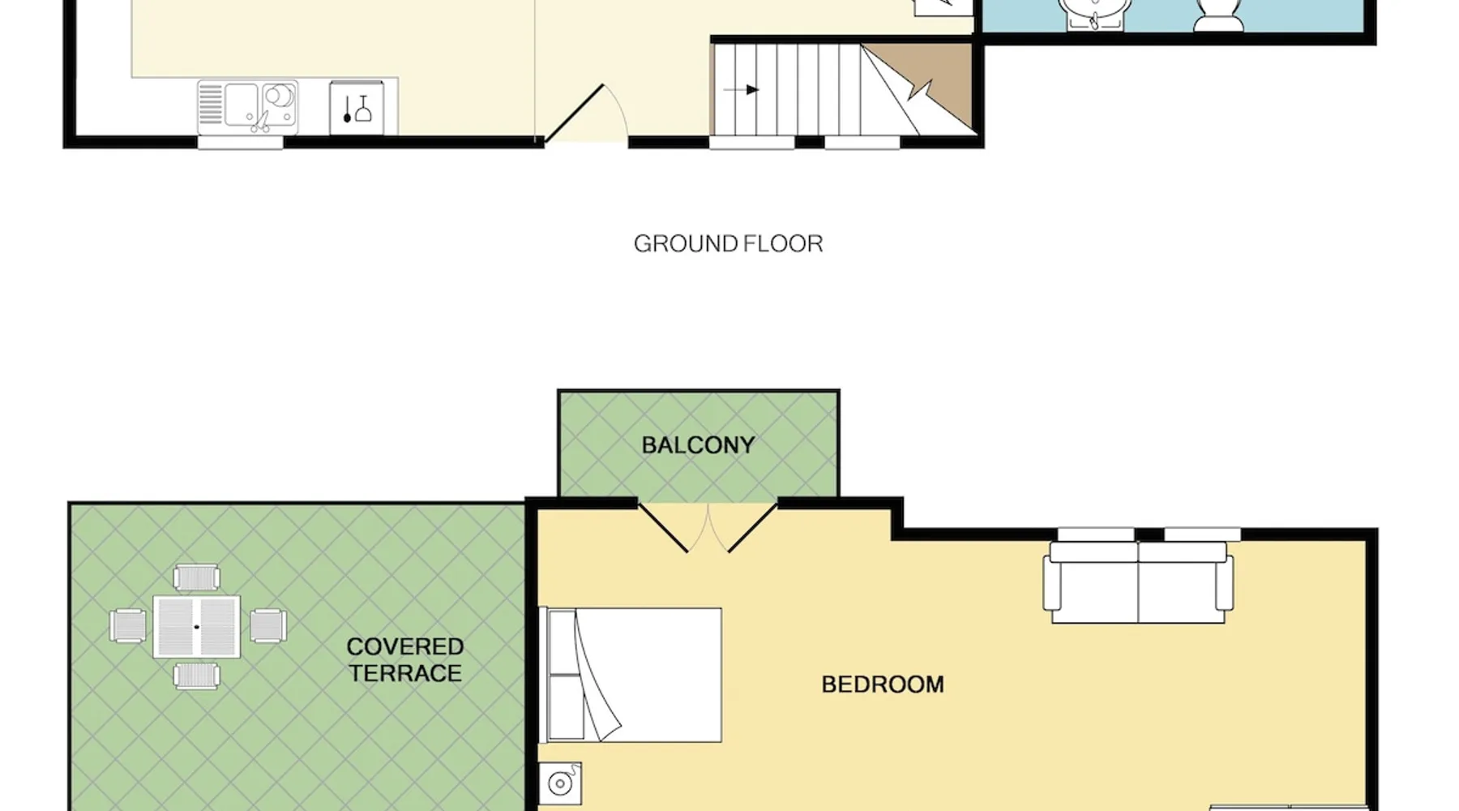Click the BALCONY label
[x=698, y=445]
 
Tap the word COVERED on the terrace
[x=404, y=646]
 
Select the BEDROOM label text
[x=883, y=684]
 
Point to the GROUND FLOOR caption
[x=728, y=243]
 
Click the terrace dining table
[x=197, y=627]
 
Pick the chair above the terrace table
[x=197, y=577]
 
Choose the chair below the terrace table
[x=197, y=676]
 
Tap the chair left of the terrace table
[x=128, y=626]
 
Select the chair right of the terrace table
[x=267, y=626]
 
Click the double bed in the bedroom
[x=631, y=675]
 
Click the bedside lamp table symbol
[x=561, y=783]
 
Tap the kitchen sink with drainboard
[x=248, y=107]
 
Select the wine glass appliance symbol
[x=357, y=108]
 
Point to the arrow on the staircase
[x=742, y=90]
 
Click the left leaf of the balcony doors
[x=664, y=528]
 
